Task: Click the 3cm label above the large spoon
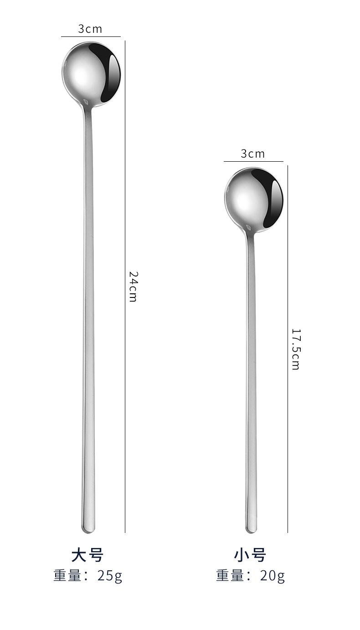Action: [90, 29]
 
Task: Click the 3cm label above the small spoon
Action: [252, 154]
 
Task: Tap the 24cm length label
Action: [133, 287]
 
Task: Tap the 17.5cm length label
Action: [296, 349]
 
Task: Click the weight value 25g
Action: [110, 576]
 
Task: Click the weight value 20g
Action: [273, 576]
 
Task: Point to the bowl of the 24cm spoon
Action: [91, 74]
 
